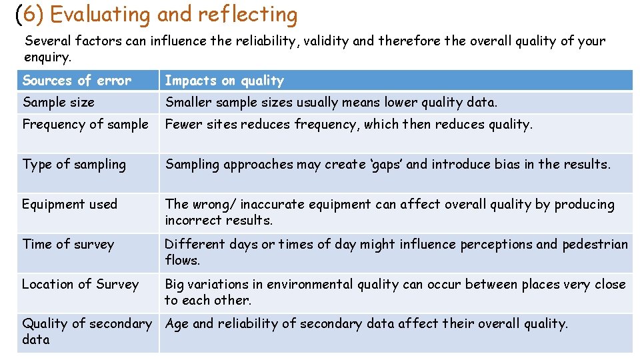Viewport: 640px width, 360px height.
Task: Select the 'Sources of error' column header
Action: pos(77,81)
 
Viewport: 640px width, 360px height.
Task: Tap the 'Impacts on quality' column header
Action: pos(224,81)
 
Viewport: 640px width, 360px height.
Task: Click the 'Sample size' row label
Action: pos(59,102)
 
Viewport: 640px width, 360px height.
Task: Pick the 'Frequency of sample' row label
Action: pos(85,124)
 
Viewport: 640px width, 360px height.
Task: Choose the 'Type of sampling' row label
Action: pos(74,164)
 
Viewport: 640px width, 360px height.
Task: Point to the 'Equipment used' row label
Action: pos(69,204)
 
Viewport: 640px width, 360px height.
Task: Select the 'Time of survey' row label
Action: pos(68,244)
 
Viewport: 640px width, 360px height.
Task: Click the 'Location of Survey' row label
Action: pos(80,284)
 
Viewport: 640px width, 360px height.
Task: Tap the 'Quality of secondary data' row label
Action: pos(87,331)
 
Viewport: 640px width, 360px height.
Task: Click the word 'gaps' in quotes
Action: pos(383,165)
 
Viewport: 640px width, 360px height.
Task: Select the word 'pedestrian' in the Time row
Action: pos(595,244)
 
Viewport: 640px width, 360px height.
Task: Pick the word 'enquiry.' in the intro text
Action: pos(47,57)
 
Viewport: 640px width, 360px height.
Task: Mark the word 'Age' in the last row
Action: pos(177,325)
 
